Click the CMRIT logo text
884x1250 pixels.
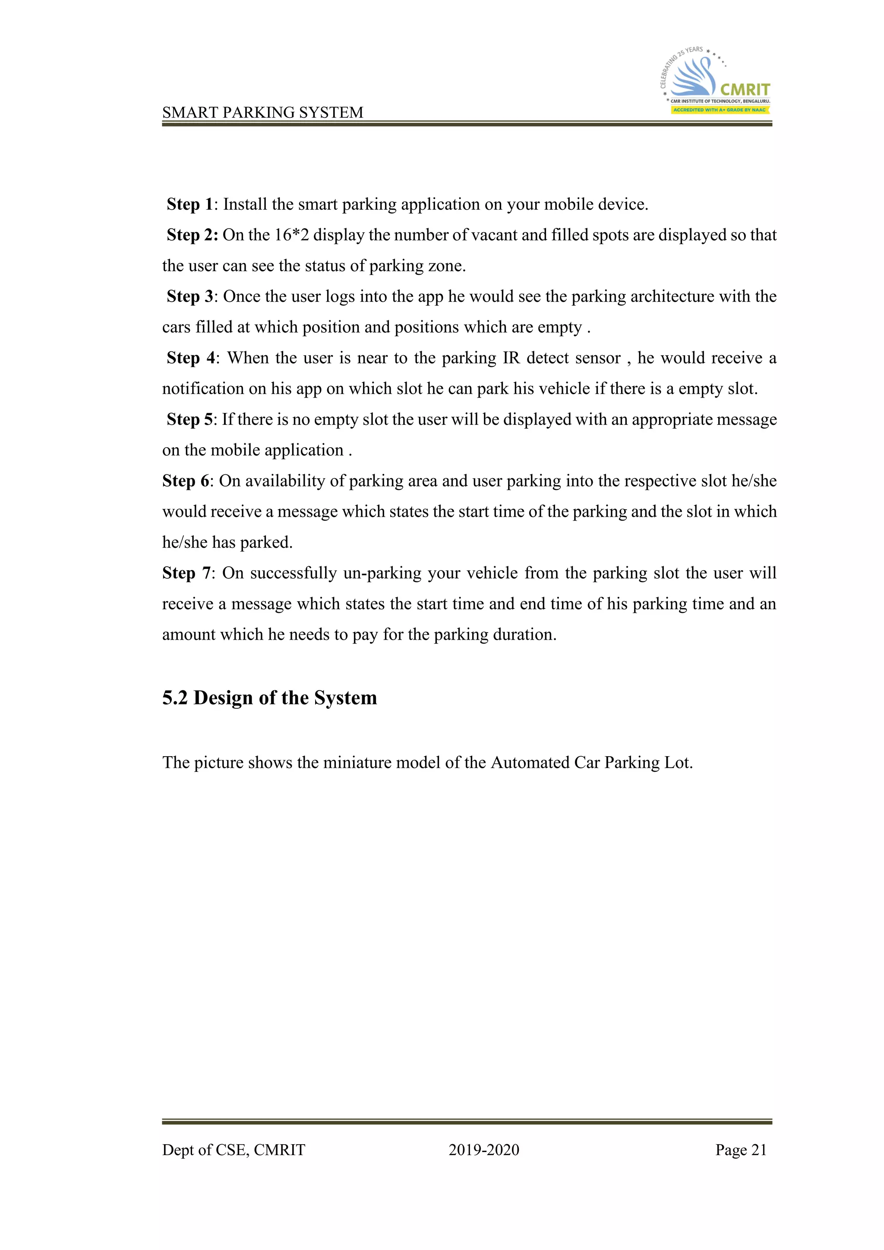(745, 89)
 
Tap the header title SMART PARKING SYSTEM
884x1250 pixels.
(262, 112)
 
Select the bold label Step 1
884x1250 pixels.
(189, 204)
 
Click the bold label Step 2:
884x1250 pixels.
(192, 235)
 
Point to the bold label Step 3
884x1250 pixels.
(189, 296)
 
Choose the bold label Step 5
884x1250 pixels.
(189, 419)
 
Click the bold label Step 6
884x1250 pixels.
(185, 481)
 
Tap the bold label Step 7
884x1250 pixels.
(186, 573)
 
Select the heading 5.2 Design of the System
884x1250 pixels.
(269, 698)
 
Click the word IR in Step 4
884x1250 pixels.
(511, 358)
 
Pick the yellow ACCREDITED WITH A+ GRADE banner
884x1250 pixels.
(720, 110)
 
